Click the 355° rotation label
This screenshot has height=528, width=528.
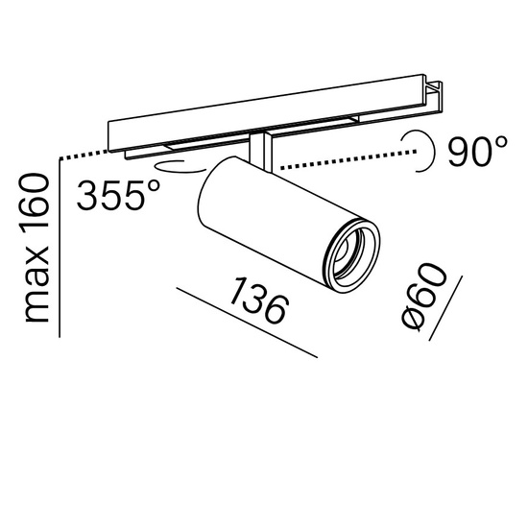point(118,195)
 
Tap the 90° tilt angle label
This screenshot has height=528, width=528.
point(477,152)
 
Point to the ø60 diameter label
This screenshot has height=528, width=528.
point(424,296)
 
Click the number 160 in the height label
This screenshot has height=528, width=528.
point(35,203)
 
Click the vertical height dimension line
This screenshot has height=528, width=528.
point(60,248)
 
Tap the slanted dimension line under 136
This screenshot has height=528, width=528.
point(247,323)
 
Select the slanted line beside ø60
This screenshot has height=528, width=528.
point(445,308)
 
